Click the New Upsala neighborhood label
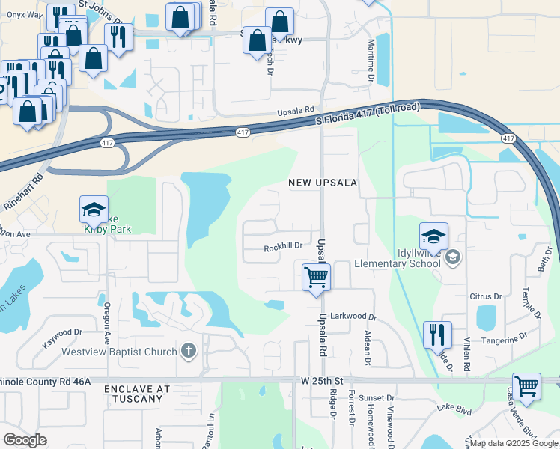pos(323,183)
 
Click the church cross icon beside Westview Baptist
pos(188,351)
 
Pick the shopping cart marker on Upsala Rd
pos(317,278)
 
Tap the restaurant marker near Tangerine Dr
pos(437,335)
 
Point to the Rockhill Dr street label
pos(283,246)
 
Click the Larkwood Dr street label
pos(352,317)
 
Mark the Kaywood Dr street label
pos(63,332)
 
